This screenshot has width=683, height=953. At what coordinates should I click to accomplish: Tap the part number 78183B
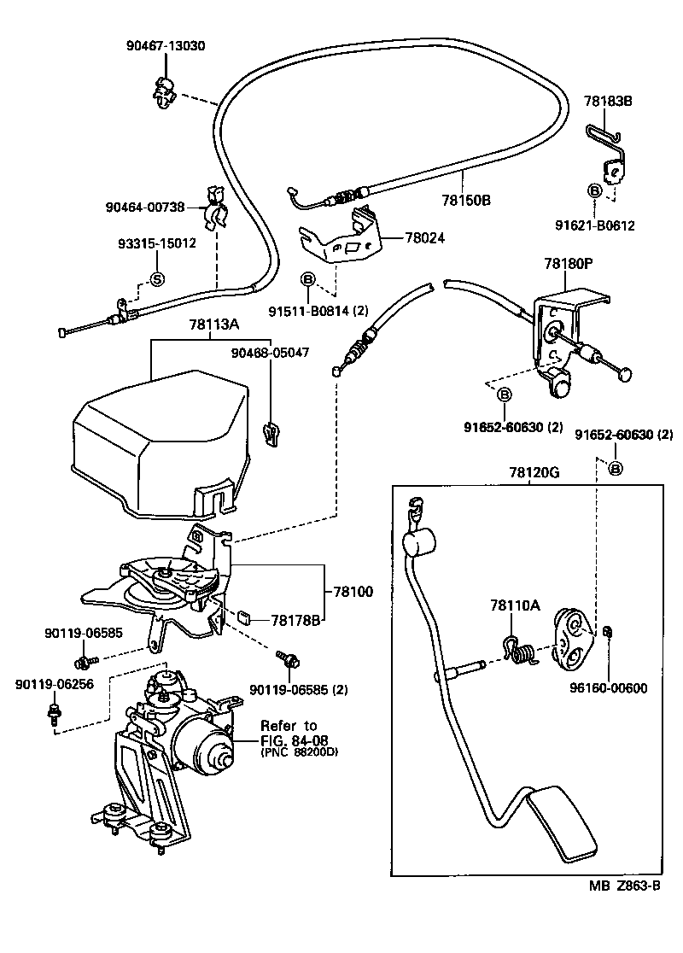(x=608, y=101)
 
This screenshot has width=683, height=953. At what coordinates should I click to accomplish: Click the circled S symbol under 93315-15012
(x=156, y=278)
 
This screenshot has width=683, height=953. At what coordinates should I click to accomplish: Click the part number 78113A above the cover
(x=213, y=324)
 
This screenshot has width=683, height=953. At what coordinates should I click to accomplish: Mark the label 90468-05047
(x=270, y=351)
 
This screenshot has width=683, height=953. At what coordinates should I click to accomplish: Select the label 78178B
(x=295, y=620)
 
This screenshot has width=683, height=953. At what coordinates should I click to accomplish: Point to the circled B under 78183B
(x=594, y=190)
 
